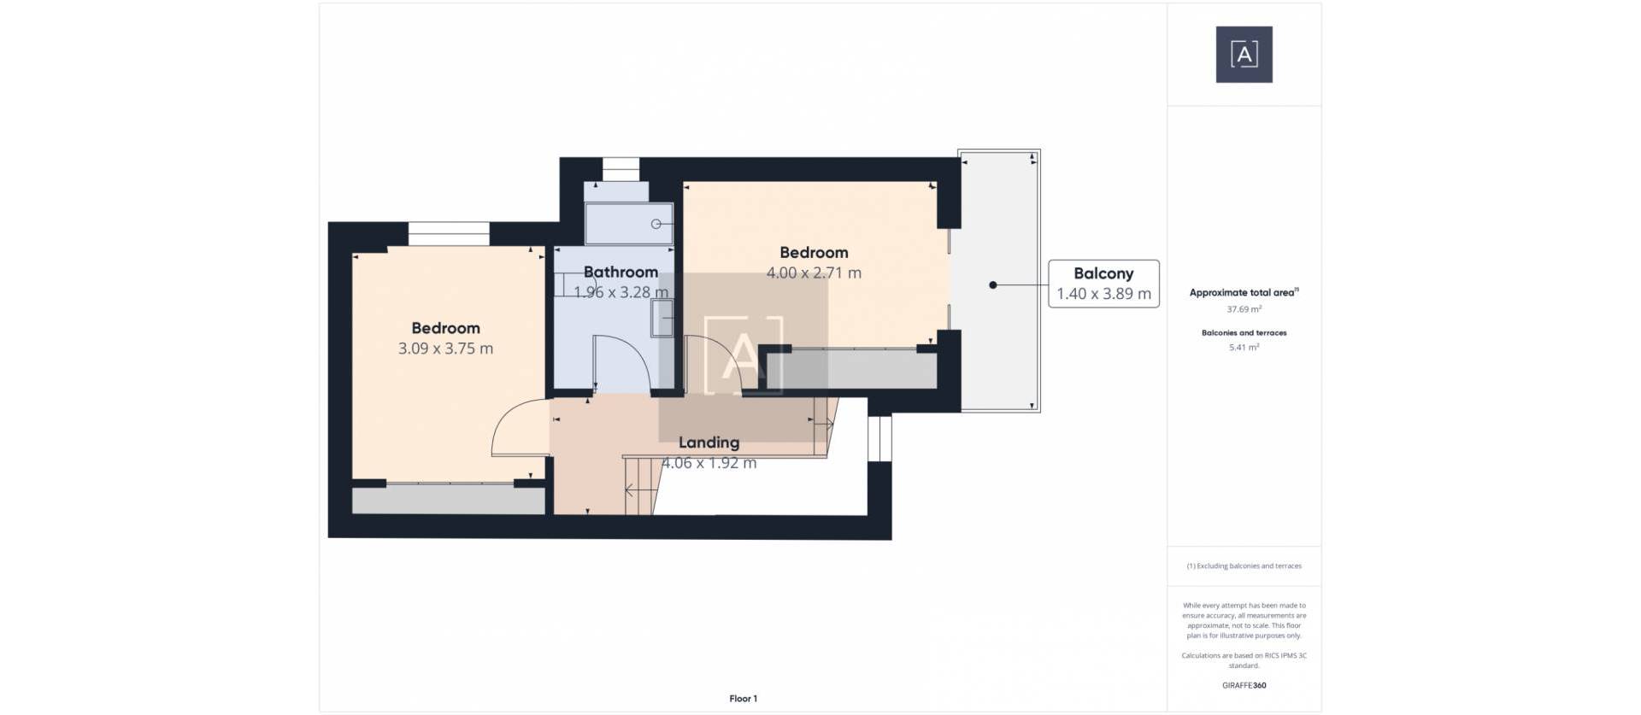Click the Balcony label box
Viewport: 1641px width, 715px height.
pyautogui.click(x=1103, y=284)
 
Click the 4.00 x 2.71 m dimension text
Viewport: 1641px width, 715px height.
pyautogui.click(x=813, y=273)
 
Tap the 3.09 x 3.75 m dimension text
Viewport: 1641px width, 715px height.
pyautogui.click(x=445, y=349)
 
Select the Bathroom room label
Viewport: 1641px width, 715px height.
pyautogui.click(x=621, y=273)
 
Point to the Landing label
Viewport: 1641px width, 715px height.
pyautogui.click(x=709, y=442)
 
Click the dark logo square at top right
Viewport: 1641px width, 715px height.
pyautogui.click(x=1244, y=55)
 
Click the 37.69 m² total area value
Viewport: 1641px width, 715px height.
pyautogui.click(x=1244, y=309)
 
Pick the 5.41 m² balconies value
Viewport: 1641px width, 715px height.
pyautogui.click(x=1244, y=348)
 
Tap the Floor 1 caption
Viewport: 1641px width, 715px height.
pyautogui.click(x=743, y=699)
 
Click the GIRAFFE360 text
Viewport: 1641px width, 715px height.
pyautogui.click(x=1244, y=685)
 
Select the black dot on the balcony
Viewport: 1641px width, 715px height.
pyautogui.click(x=992, y=285)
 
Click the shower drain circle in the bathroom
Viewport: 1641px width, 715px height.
pyautogui.click(x=656, y=224)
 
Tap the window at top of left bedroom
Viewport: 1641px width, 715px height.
pyautogui.click(x=448, y=233)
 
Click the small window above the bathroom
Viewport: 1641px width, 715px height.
pyautogui.click(x=621, y=168)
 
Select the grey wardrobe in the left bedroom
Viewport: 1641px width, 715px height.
pyautogui.click(x=448, y=501)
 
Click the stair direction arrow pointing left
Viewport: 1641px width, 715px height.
pyautogui.click(x=630, y=490)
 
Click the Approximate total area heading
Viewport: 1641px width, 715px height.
pyautogui.click(x=1243, y=292)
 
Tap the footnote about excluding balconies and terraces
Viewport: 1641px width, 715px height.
pyautogui.click(x=1244, y=566)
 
